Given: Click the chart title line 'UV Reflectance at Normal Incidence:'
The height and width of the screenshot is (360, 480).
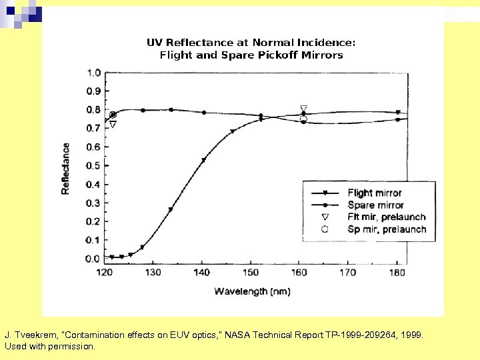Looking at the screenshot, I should (x=251, y=43).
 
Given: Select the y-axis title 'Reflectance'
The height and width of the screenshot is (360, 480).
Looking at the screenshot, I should (x=65, y=168).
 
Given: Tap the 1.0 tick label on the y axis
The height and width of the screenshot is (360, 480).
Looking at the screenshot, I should (x=93, y=73).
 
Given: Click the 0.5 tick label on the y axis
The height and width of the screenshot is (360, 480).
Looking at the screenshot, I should (x=93, y=165).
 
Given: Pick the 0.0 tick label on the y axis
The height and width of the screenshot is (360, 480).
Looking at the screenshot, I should (x=93, y=259).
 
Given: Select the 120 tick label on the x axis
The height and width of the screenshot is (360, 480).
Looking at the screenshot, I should (x=104, y=272).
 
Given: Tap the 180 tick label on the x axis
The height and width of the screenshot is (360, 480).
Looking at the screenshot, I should (x=397, y=272).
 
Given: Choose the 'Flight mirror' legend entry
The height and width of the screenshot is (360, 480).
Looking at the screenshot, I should (x=374, y=193).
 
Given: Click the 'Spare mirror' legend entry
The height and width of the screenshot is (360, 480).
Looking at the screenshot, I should (x=375, y=205).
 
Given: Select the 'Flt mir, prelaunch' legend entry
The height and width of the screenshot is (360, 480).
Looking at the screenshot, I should (x=386, y=217).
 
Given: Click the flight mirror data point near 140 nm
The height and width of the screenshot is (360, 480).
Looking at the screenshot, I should (x=203, y=160).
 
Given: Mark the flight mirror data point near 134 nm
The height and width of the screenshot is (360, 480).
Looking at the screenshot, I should (x=171, y=210).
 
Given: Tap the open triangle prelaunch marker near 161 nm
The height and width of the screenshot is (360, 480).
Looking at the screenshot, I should (x=304, y=109).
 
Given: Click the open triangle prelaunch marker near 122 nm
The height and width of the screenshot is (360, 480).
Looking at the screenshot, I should (x=113, y=125).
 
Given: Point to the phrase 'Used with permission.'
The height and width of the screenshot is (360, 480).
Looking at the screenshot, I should (x=50, y=347).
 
